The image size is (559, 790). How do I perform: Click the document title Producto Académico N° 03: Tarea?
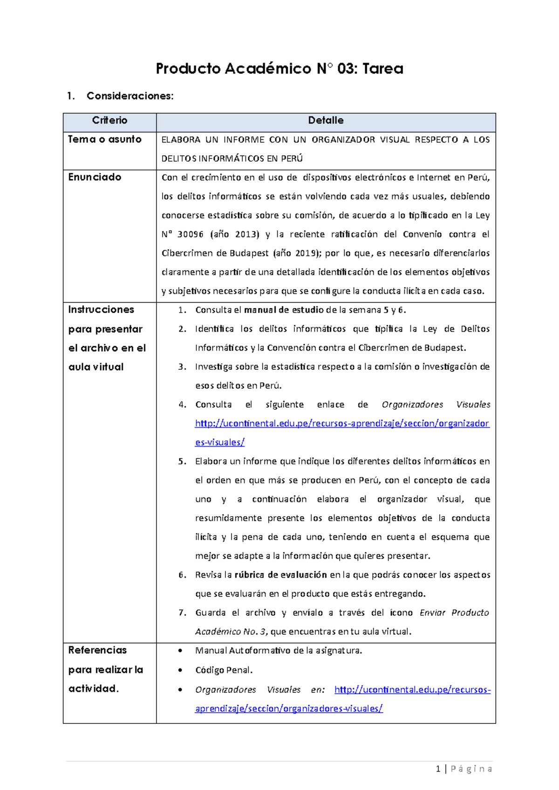tap(279, 68)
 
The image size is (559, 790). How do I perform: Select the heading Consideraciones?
tap(130, 96)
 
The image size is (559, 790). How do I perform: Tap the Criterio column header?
tap(109, 121)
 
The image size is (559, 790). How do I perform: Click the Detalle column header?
tap(326, 121)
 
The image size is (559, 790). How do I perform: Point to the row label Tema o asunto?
tap(105, 139)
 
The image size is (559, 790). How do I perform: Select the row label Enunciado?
tap(95, 177)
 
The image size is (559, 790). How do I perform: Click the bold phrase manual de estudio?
tap(284, 310)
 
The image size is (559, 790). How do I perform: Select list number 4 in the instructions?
tap(182, 405)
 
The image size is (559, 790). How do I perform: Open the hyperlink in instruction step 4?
tap(342, 424)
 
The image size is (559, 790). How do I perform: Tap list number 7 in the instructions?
tap(182, 613)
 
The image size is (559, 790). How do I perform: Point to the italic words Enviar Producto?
tap(454, 613)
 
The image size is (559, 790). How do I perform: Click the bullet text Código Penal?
tap(224, 670)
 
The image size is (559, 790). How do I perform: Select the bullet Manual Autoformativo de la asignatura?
tap(278, 651)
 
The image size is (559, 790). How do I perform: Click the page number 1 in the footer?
tap(438, 769)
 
